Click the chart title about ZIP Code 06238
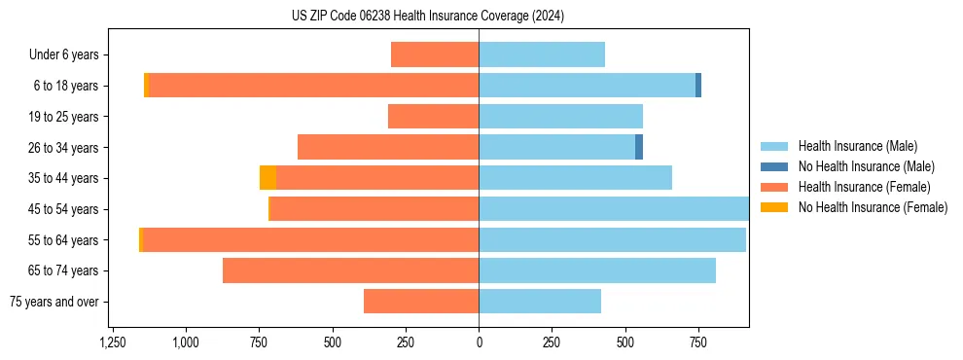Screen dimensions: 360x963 click(427, 17)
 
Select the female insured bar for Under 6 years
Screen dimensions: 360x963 click(435, 54)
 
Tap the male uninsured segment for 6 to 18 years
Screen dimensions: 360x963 click(698, 86)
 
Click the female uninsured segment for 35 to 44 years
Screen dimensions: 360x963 click(267, 178)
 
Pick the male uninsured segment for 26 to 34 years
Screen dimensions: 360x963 click(639, 147)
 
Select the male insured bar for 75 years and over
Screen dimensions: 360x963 click(540, 302)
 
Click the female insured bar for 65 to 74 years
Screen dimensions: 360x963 click(350, 270)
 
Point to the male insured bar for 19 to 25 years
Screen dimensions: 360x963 click(560, 117)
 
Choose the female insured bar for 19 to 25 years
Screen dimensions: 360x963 click(433, 117)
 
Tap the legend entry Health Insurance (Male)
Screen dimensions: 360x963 click(857, 146)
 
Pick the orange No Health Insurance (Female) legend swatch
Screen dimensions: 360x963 click(774, 207)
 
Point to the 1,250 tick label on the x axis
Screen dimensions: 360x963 click(113, 342)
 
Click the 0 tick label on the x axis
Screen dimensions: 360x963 click(479, 342)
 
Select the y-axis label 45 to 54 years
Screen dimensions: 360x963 click(63, 209)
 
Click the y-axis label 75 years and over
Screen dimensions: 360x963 click(54, 302)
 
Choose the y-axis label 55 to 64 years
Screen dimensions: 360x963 click(63, 240)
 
